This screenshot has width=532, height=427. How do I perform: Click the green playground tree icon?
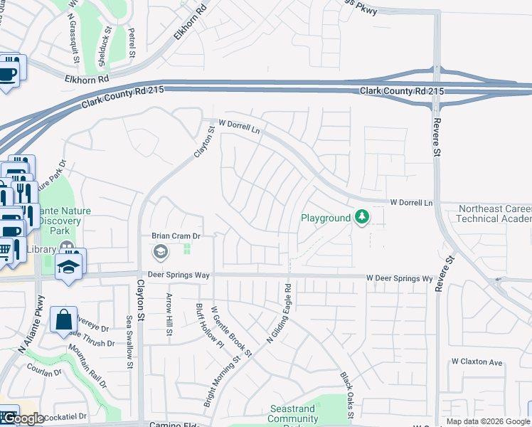[x=363, y=217]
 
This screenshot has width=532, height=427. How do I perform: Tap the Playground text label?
[x=326, y=218]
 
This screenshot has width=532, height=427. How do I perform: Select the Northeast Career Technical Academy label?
[x=494, y=213]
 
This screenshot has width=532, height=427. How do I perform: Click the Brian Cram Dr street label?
[x=177, y=236]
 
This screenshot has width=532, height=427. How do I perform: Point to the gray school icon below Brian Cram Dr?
[x=160, y=251]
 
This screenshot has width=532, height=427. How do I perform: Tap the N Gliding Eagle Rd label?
[x=279, y=313]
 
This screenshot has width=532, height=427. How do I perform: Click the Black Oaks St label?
[x=346, y=391]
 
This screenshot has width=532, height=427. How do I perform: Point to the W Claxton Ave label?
[x=477, y=362]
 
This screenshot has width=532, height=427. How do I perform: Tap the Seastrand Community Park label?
[x=293, y=414]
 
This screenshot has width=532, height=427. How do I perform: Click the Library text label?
[x=41, y=249]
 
